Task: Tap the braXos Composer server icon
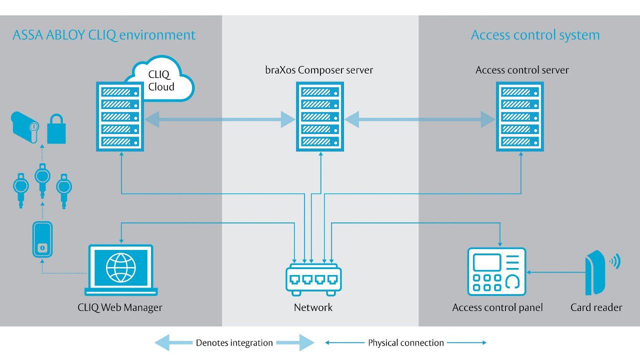[x=320, y=117]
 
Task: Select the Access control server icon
[x=520, y=117]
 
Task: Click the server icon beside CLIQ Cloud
[x=120, y=117]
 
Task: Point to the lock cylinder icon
[x=25, y=127]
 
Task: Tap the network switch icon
[x=313, y=280]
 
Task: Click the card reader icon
[x=596, y=272]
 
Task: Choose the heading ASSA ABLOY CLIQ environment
[x=104, y=35]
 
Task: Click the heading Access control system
[x=535, y=35]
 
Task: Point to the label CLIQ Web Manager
[x=120, y=307]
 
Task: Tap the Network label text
[x=313, y=307]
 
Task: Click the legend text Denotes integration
[x=234, y=343]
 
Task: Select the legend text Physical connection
[x=406, y=343]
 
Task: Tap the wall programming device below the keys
[x=42, y=240]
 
